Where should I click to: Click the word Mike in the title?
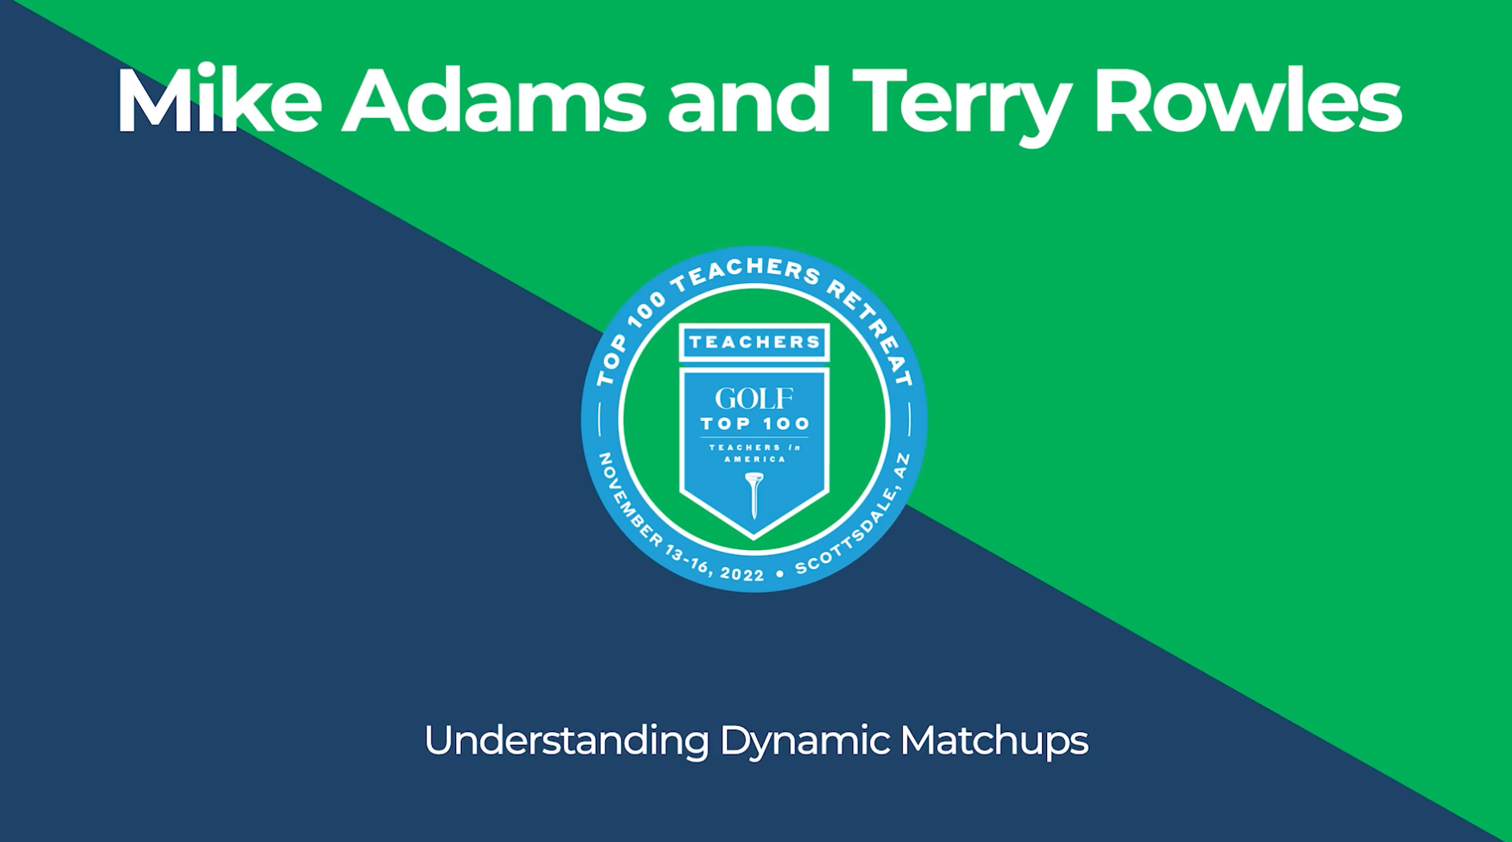pyautogui.click(x=219, y=100)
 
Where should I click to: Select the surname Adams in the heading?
pyautogui.click(x=494, y=100)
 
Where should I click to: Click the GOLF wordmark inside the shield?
pyautogui.click(x=754, y=398)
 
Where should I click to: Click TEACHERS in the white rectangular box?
pyautogui.click(x=754, y=342)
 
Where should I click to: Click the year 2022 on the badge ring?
pyautogui.click(x=742, y=573)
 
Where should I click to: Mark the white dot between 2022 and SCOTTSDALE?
pyautogui.click(x=780, y=574)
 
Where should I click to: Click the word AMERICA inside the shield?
pyautogui.click(x=754, y=459)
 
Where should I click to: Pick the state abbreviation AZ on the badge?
pyautogui.click(x=901, y=466)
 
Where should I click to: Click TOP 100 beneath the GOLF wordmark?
pyautogui.click(x=754, y=423)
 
